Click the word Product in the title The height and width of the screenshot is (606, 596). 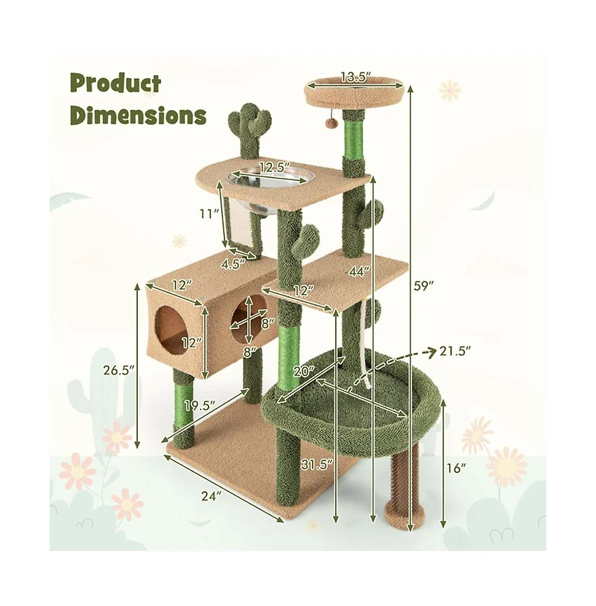(115, 84)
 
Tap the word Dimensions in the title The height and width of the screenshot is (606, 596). (139, 115)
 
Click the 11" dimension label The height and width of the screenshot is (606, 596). (209, 214)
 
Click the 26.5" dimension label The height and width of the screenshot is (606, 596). (118, 370)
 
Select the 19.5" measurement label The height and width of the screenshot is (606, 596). (200, 406)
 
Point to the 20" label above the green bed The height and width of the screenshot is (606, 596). (303, 370)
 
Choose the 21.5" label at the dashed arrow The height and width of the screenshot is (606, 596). (456, 351)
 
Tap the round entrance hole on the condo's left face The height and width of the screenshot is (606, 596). (171, 325)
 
